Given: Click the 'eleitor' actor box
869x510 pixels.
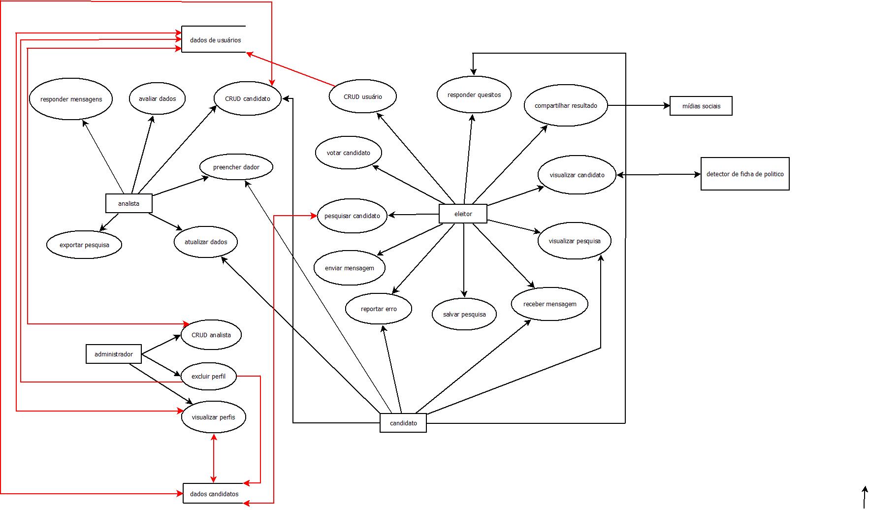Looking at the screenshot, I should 463,214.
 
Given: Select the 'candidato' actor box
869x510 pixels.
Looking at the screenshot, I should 403,423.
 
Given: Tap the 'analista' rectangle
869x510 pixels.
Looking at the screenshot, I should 129,203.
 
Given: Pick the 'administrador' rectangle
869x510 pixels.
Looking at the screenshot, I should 114,354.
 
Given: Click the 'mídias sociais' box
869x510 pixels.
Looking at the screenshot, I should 701,106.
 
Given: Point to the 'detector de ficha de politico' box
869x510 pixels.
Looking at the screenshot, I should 744,174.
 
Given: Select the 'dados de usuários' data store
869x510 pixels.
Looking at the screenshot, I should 215,39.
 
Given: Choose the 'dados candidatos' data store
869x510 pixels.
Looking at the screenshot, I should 214,494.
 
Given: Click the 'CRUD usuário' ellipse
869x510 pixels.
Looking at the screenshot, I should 362,96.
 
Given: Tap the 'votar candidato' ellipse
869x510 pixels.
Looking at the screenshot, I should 349,153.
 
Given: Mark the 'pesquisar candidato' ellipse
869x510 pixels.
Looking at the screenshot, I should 352,216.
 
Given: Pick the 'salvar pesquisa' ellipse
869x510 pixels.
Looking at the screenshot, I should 464,314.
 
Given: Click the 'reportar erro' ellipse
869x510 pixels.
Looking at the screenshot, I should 379,309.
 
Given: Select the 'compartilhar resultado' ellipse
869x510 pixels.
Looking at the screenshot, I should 566,105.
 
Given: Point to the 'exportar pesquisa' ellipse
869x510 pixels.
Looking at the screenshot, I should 84,245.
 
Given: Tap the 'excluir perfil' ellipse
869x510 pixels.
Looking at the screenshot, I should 209,376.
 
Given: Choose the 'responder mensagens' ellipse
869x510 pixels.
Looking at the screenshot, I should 71,99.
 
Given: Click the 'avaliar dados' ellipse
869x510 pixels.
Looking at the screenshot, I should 157,98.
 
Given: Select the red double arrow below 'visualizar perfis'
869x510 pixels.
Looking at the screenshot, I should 213,458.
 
